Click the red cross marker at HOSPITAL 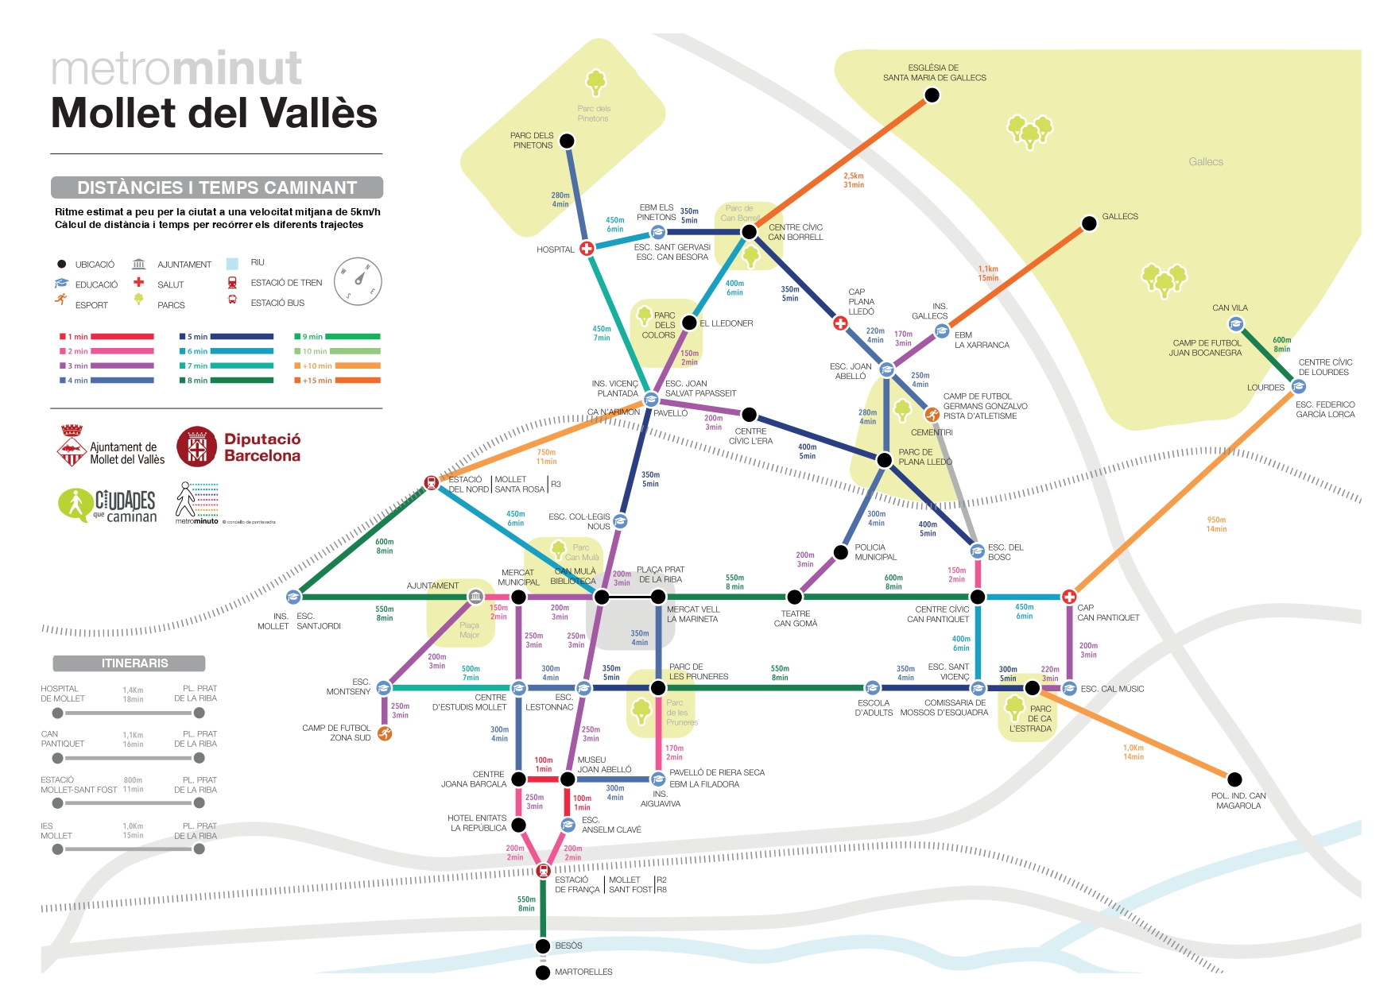click(587, 248)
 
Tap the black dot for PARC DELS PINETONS click(567, 141)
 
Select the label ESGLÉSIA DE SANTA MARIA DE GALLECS click(934, 73)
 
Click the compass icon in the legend click(358, 281)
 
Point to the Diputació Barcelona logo click(239, 447)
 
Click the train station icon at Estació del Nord click(431, 482)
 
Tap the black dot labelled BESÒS click(543, 945)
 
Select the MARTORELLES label click(583, 972)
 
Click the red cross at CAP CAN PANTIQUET click(1069, 597)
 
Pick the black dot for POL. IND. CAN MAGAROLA click(1234, 779)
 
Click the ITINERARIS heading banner click(130, 663)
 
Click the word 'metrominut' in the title click(176, 69)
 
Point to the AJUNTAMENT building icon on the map click(475, 596)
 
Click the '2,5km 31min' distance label click(854, 180)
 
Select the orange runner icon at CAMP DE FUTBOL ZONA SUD click(385, 733)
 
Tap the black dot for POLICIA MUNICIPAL click(841, 552)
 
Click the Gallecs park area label click(1205, 162)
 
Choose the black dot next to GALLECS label click(1090, 223)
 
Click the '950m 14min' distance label click(1216, 524)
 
